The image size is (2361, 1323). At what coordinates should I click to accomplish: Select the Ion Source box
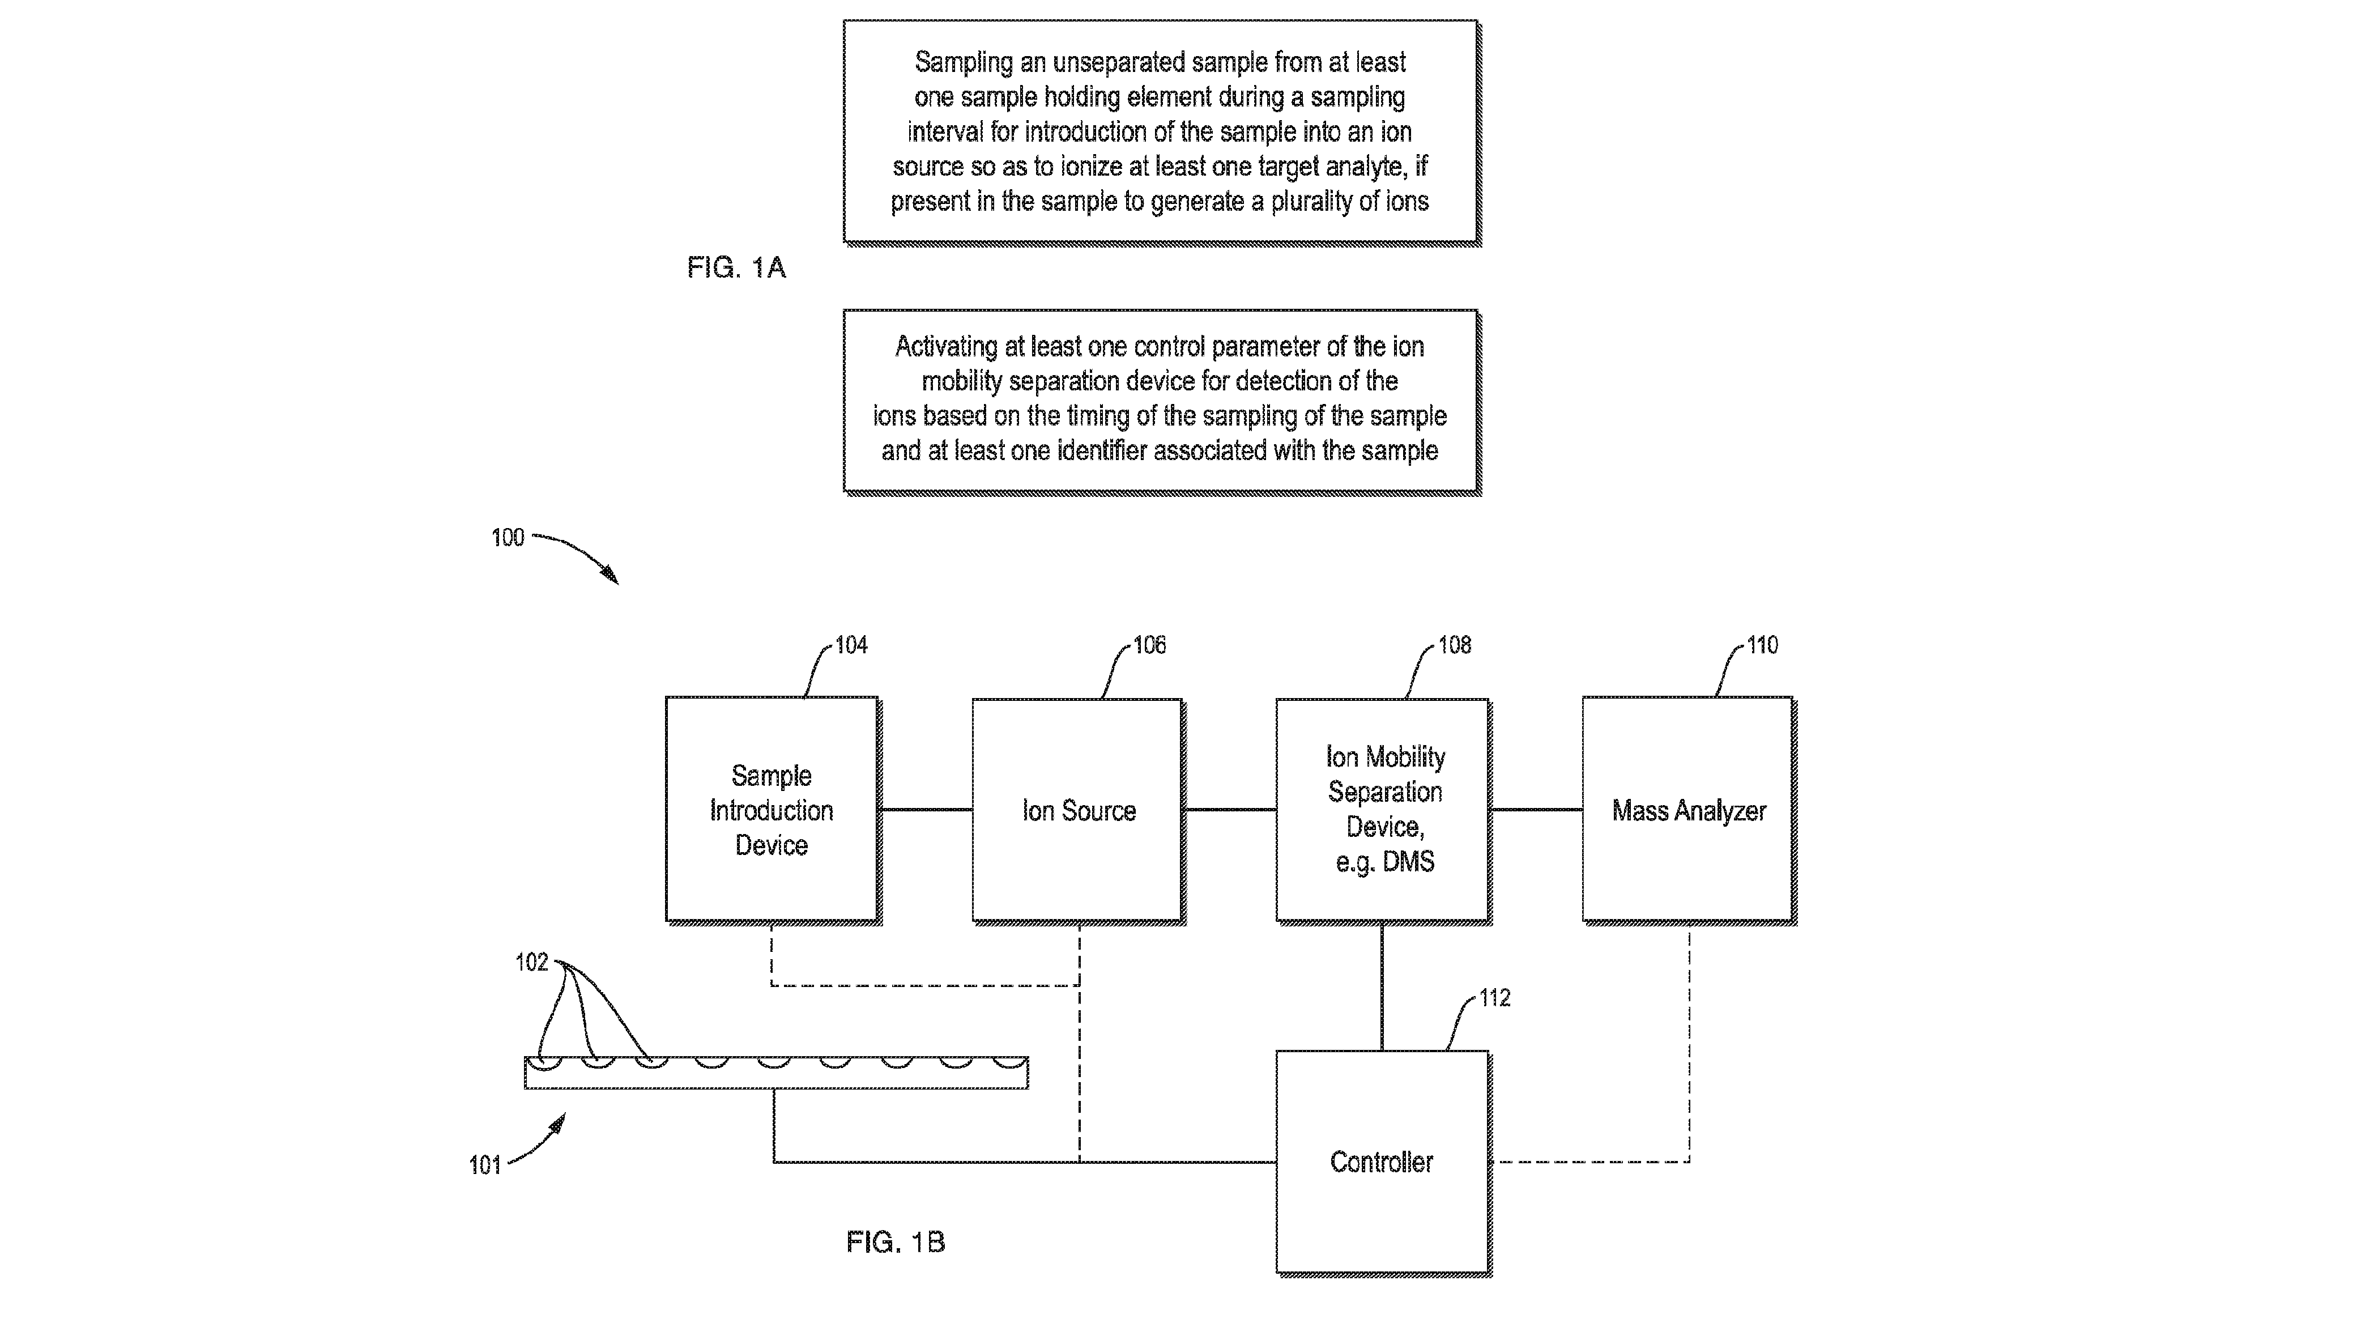pyautogui.click(x=1078, y=810)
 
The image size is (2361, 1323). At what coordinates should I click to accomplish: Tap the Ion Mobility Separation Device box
pyautogui.click(x=1383, y=810)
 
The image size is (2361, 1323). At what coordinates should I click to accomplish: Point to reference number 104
pyautogui.click(x=851, y=645)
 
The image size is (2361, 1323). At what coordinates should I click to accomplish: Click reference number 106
pyautogui.click(x=1149, y=645)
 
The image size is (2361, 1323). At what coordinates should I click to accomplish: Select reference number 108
pyautogui.click(x=1455, y=645)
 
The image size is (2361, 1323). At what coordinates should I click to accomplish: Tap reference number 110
pyautogui.click(x=1762, y=645)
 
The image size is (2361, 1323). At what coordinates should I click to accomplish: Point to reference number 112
pyautogui.click(x=1495, y=998)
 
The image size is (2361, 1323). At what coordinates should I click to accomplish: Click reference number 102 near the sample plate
pyautogui.click(x=531, y=962)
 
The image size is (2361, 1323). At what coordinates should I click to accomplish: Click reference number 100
pyautogui.click(x=508, y=537)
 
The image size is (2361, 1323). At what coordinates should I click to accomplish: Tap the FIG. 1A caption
pyautogui.click(x=736, y=268)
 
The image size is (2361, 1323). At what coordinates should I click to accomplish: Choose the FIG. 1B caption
pyautogui.click(x=896, y=1243)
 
